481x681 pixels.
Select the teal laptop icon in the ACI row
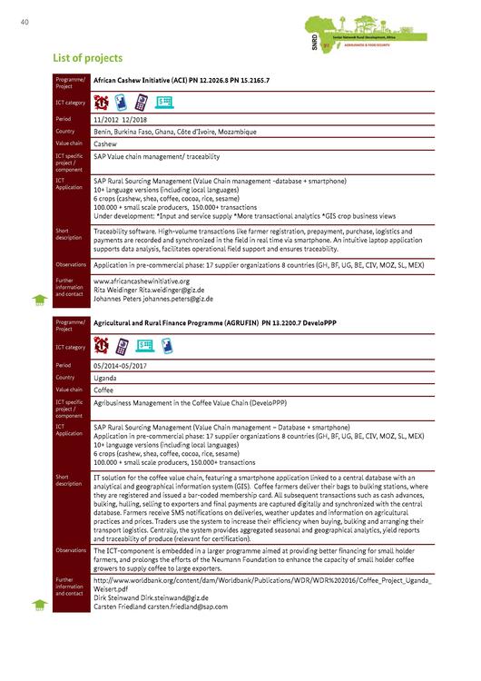(x=163, y=101)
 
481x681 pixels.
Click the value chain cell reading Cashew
(x=105, y=143)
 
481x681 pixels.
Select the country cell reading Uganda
(x=107, y=377)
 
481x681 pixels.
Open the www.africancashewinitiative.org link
(x=140, y=281)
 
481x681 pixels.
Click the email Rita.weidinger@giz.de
(x=174, y=290)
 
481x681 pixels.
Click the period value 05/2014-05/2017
(x=123, y=364)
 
